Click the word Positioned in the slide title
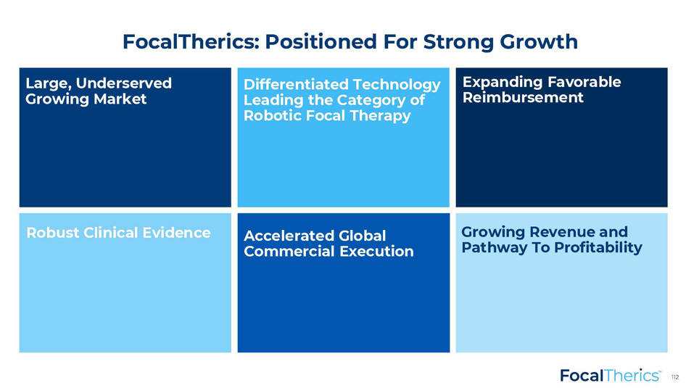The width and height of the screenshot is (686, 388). point(321,42)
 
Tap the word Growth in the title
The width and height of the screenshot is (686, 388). point(539,43)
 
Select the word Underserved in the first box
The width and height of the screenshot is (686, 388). point(124,83)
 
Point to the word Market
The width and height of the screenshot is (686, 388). point(120,99)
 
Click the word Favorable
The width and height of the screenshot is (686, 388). point(584,82)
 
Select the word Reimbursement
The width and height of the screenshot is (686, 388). point(523,97)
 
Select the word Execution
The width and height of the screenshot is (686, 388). point(376,251)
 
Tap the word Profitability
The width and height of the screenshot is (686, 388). point(598,247)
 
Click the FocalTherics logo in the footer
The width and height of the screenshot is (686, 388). point(611,376)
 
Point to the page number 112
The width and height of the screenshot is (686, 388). point(675,377)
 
